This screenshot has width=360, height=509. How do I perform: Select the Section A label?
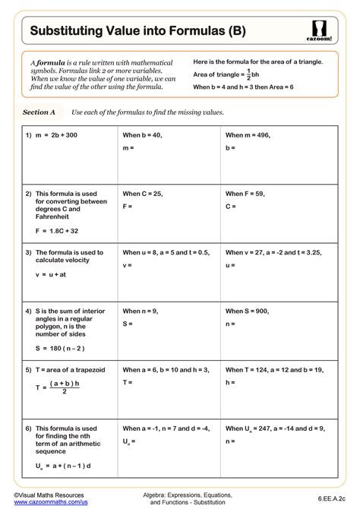[x=39, y=112]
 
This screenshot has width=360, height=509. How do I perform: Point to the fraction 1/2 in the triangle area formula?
[x=246, y=74]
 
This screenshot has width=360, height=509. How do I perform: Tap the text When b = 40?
[x=142, y=134]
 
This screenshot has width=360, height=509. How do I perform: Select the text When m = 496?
[x=248, y=134]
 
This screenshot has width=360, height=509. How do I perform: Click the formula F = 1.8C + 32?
[x=57, y=229]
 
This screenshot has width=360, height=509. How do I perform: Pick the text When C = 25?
[x=143, y=194]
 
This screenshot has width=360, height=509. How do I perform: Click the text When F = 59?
[x=245, y=194]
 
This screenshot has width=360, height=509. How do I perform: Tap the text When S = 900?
[x=247, y=311]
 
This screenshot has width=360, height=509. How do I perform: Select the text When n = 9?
[x=141, y=311]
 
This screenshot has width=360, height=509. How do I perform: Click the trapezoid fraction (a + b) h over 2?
[x=65, y=387]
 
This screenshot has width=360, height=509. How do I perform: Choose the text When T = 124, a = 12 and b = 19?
[x=274, y=370]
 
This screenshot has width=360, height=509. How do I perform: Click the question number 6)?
[x=28, y=428]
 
